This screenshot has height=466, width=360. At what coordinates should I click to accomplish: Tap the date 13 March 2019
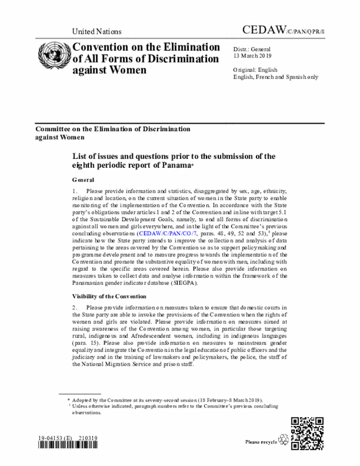(251, 57)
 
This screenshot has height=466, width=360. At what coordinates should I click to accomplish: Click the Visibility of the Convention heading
(109, 296)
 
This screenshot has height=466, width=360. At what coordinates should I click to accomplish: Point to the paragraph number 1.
(74, 191)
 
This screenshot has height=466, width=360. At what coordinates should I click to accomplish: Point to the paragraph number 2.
(74, 307)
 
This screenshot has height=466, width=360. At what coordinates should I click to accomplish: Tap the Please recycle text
(261, 442)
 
